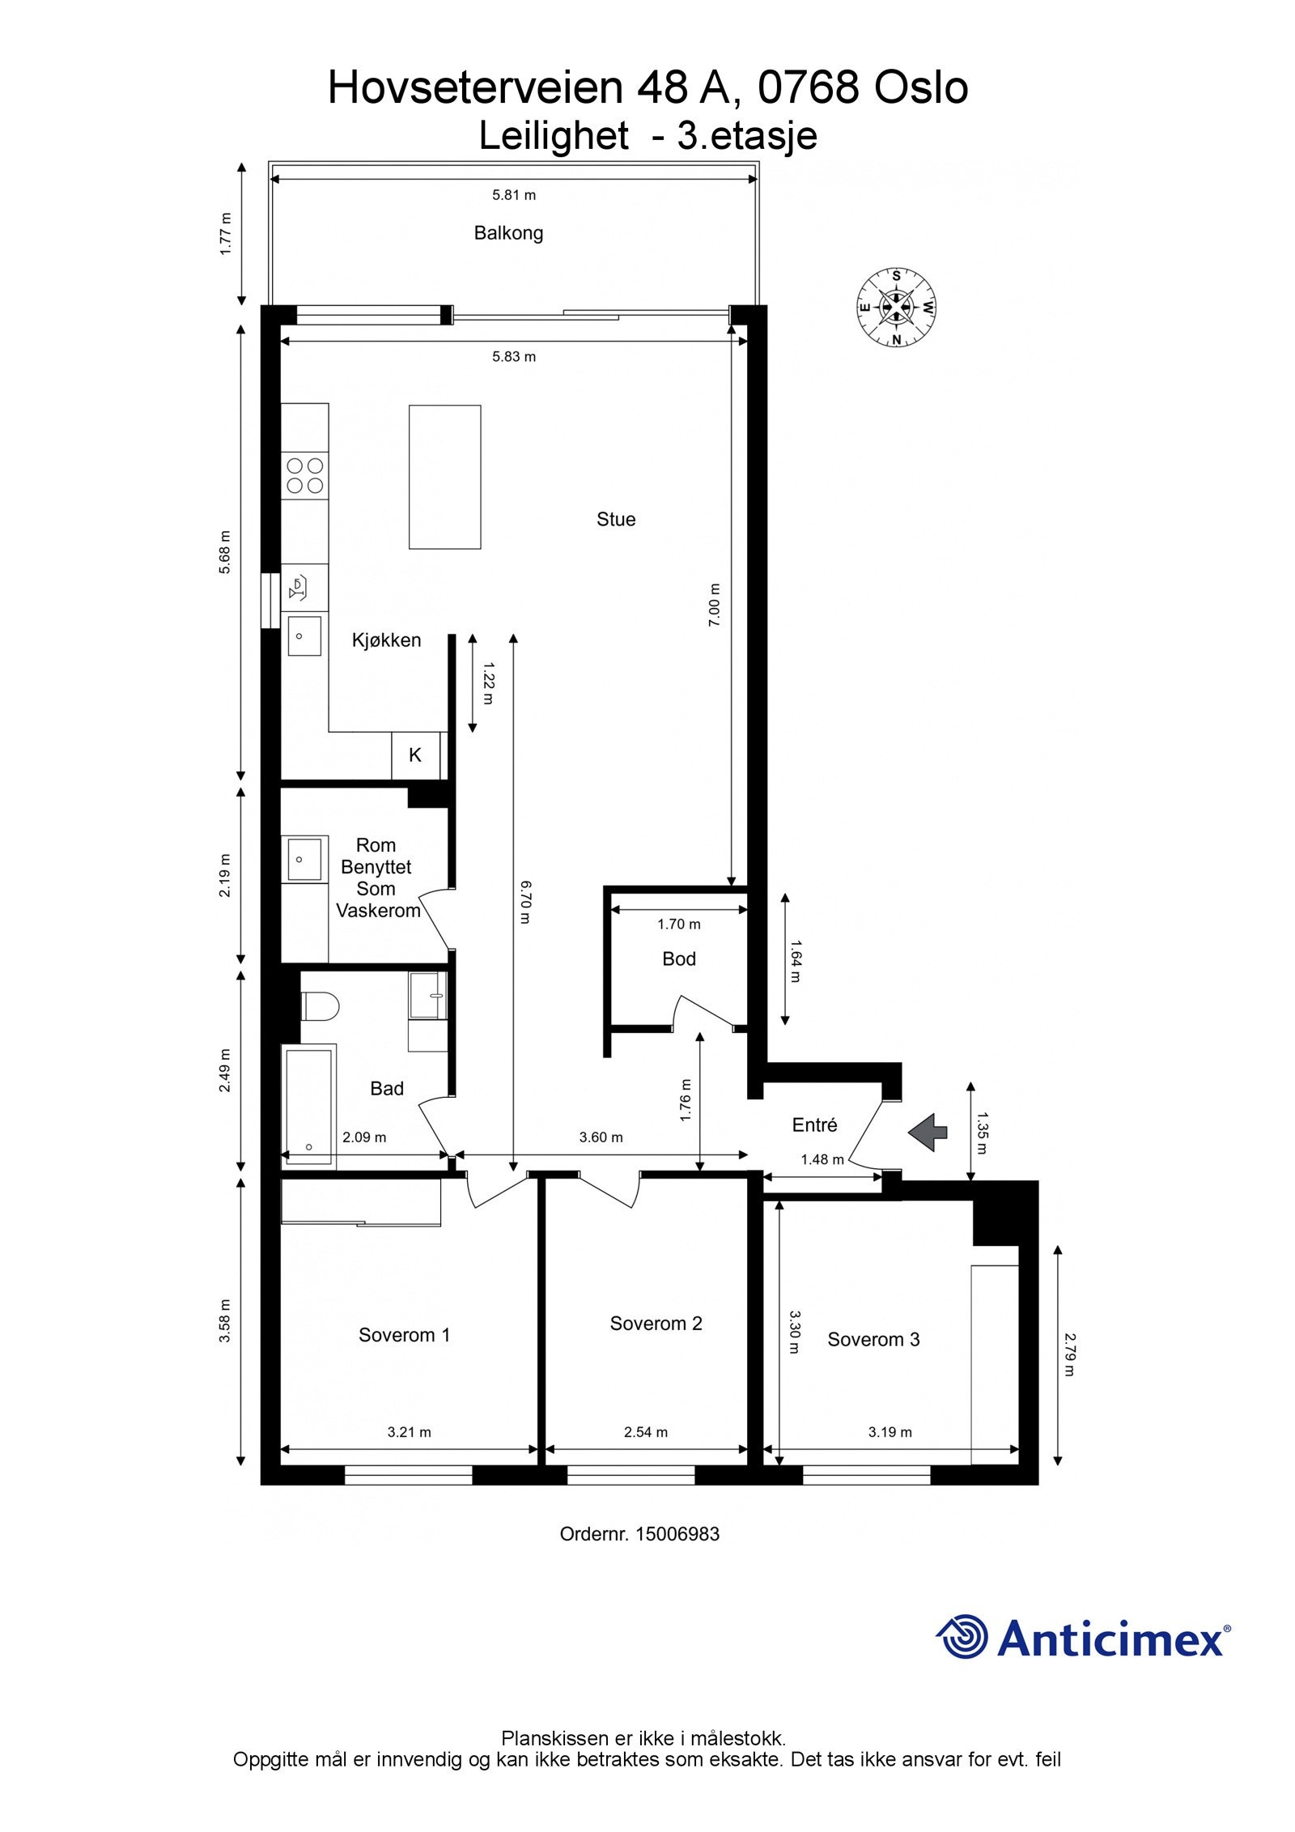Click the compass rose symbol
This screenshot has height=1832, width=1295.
point(896,308)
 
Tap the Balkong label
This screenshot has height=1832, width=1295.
point(508,233)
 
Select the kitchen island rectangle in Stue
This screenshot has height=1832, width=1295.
point(444,477)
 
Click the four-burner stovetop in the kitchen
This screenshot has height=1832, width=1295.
point(304,476)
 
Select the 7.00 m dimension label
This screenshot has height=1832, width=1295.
point(714,605)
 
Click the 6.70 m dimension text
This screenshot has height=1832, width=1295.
point(524,902)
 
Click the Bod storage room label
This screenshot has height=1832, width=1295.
point(678,959)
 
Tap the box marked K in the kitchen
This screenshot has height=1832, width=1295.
point(415,755)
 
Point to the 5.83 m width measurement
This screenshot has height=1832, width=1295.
point(514,357)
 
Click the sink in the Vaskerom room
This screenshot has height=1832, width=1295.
point(304,858)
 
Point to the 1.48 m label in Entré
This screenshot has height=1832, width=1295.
point(822,1160)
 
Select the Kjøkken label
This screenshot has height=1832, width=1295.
point(386,640)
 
